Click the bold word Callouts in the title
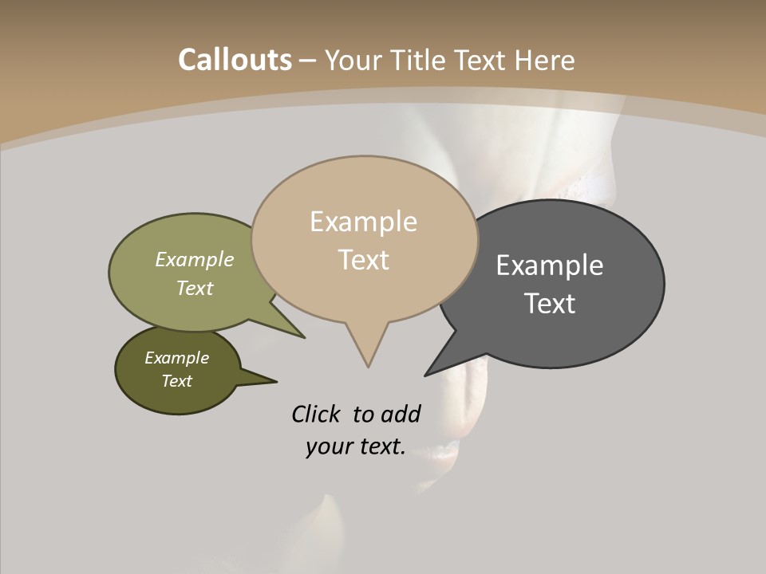pos(235,60)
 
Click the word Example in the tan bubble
pos(363,222)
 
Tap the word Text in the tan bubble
pos(364,260)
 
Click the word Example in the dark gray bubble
pos(550,265)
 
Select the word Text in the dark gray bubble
pos(550,304)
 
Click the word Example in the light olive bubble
pos(195,260)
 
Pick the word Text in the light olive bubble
pos(195,289)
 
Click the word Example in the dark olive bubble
pos(176,358)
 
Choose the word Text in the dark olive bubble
pos(177,381)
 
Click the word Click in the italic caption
pos(318,415)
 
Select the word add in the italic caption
pos(400,415)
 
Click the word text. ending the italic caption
pos(379,447)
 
